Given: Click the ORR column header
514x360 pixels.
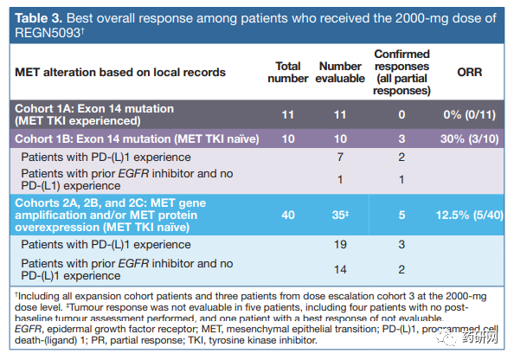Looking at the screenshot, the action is (469, 72).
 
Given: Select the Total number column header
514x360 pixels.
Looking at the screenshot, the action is (288, 72).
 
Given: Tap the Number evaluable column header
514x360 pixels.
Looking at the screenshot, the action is (340, 72).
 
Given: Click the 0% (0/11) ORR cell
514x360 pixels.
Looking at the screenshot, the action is (469, 115).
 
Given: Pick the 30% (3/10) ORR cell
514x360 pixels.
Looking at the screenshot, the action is (469, 139).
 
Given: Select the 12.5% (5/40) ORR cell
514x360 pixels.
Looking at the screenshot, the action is (469, 215).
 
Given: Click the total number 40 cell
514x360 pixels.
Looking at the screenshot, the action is (288, 215).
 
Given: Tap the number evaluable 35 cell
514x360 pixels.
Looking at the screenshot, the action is (340, 215).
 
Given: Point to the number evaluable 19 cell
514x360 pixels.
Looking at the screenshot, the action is (340, 245).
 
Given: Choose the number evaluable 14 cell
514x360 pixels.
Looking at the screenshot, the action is (340, 269).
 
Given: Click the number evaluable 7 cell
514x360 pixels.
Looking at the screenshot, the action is (340, 157).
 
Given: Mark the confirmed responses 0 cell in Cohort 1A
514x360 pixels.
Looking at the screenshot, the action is (402, 115).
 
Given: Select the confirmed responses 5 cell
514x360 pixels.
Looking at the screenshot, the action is (402, 215).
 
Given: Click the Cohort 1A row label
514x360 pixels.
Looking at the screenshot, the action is (94, 115).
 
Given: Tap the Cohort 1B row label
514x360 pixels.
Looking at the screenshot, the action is (137, 139).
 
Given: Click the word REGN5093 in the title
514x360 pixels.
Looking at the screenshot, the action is (48, 33).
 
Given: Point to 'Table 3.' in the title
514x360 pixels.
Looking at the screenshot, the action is (38, 18).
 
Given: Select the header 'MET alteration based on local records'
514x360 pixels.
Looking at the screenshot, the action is (120, 72).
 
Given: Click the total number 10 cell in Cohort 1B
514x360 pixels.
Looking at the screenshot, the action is (288, 139).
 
